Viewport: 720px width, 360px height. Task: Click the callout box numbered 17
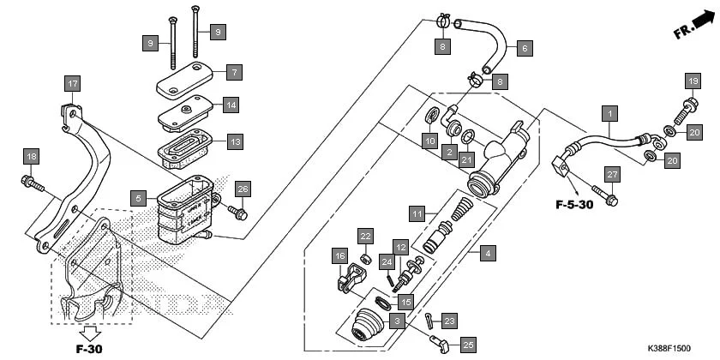coord(73,84)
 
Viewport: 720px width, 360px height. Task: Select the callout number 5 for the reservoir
coord(138,198)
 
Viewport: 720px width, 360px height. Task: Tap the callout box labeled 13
coord(234,141)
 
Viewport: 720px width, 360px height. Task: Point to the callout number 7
coord(234,72)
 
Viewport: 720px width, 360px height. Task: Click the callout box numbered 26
coord(243,189)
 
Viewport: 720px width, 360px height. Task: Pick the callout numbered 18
coord(31,156)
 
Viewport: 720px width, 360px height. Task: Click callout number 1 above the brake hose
coord(609,113)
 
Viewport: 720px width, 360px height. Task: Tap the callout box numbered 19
coord(692,81)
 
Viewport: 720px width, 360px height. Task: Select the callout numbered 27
coord(612,175)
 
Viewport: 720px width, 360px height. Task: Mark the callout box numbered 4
coord(487,253)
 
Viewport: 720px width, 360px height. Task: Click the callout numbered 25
coord(468,344)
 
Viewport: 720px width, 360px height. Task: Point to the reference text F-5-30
coord(572,206)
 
